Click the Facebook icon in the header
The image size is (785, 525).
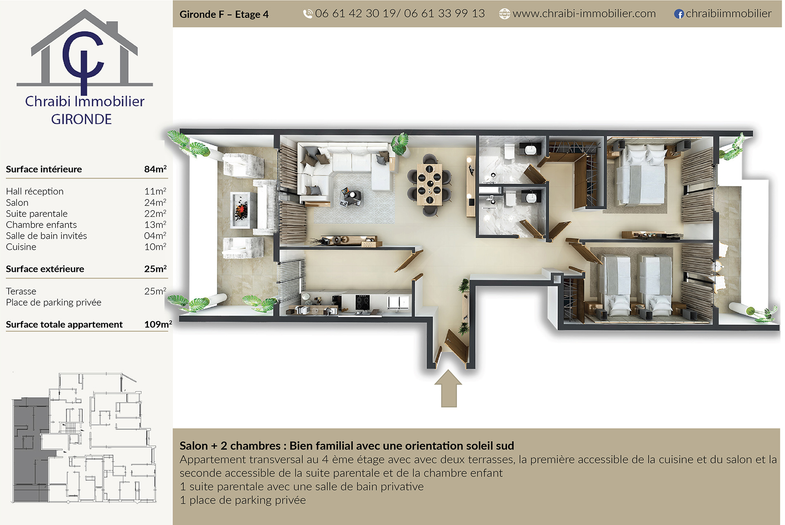pyautogui.click(x=679, y=14)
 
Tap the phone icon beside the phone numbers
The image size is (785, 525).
pyautogui.click(x=308, y=14)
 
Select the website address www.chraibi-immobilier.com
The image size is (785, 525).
pyautogui.click(x=584, y=14)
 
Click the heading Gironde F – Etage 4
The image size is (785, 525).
pyautogui.click(x=224, y=14)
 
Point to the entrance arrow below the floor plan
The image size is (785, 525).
pyautogui.click(x=448, y=388)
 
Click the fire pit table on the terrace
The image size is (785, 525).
pyautogui.click(x=241, y=210)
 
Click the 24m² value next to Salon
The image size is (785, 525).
pyautogui.click(x=155, y=202)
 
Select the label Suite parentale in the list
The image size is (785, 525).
pyautogui.click(x=37, y=213)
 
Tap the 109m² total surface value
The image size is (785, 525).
pyautogui.click(x=158, y=324)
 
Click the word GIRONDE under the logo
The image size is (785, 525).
pyautogui.click(x=81, y=119)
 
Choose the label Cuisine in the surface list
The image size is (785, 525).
pyautogui.click(x=21, y=247)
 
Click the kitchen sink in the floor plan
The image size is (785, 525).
pyautogui.click(x=398, y=302)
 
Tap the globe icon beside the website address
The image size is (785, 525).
pyautogui.click(x=504, y=14)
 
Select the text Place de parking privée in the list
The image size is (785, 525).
pyautogui.click(x=54, y=302)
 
